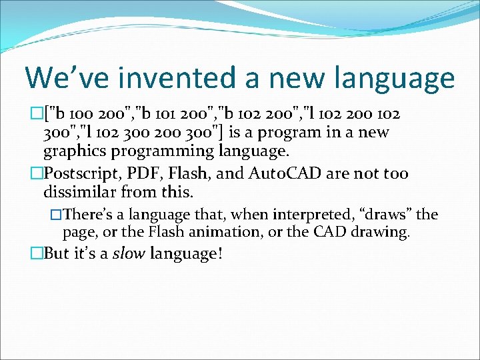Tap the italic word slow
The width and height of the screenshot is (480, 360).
[x=129, y=253]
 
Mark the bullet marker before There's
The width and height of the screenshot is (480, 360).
[x=57, y=215]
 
